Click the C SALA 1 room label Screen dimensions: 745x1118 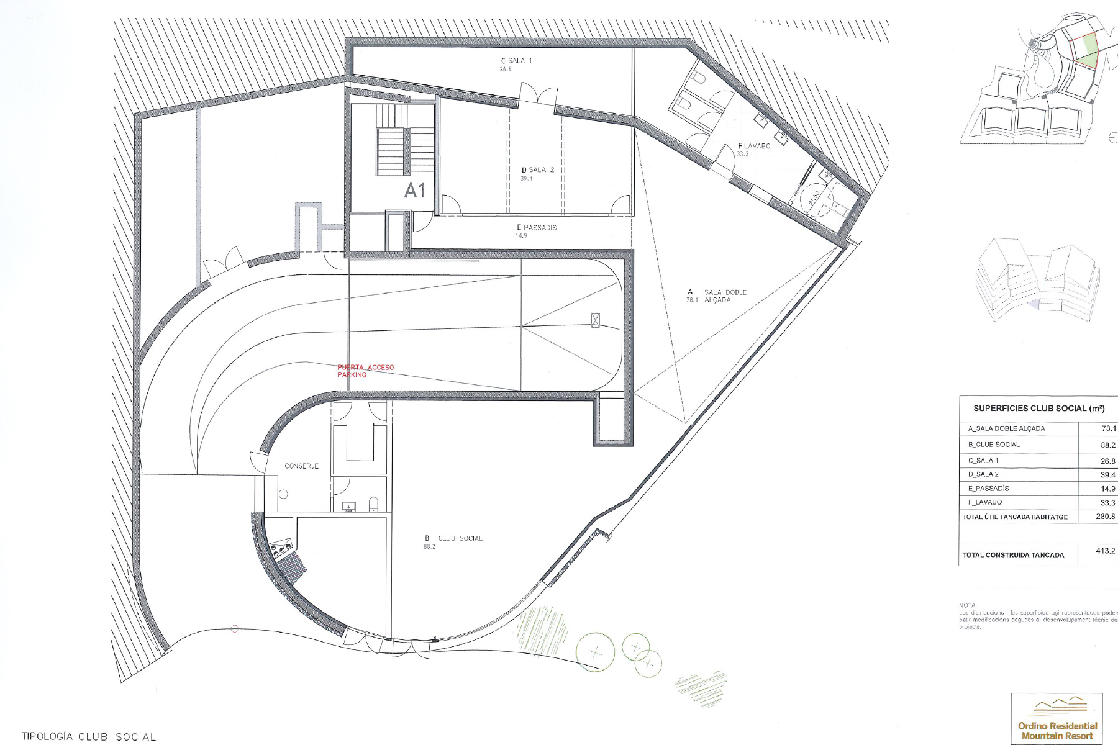coord(516,61)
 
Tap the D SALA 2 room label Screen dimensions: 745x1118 coord(537,170)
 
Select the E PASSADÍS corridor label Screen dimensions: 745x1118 coord(537,228)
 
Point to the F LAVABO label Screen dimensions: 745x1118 coord(754,147)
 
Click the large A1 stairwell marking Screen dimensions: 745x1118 coord(415,191)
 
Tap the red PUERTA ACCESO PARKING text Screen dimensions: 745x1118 coord(365,371)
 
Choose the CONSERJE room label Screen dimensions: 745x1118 coord(301,466)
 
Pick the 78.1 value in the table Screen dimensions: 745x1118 coord(1108,428)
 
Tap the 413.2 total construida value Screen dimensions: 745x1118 coord(1105,551)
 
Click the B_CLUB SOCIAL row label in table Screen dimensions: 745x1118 coord(994,445)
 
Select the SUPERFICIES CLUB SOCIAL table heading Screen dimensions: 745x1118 coord(1038,409)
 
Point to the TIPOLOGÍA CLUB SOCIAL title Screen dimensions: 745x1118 coord(89,737)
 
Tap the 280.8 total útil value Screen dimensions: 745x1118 coord(1105,517)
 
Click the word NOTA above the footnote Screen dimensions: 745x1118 coord(968,605)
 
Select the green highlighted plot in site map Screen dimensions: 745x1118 coord(1086,53)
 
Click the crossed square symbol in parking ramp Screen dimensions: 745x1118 coord(596,320)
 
